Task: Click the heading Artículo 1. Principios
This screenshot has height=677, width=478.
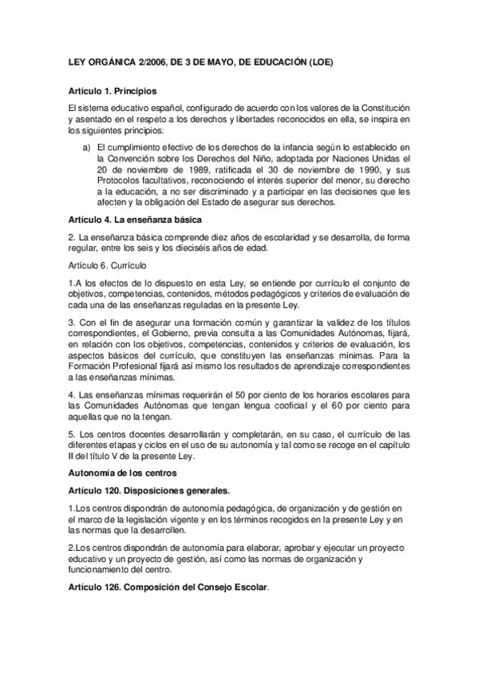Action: [x=113, y=92]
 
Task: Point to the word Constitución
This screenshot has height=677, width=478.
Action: [x=377, y=108]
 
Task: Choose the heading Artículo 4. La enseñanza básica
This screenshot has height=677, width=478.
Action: [x=134, y=220]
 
